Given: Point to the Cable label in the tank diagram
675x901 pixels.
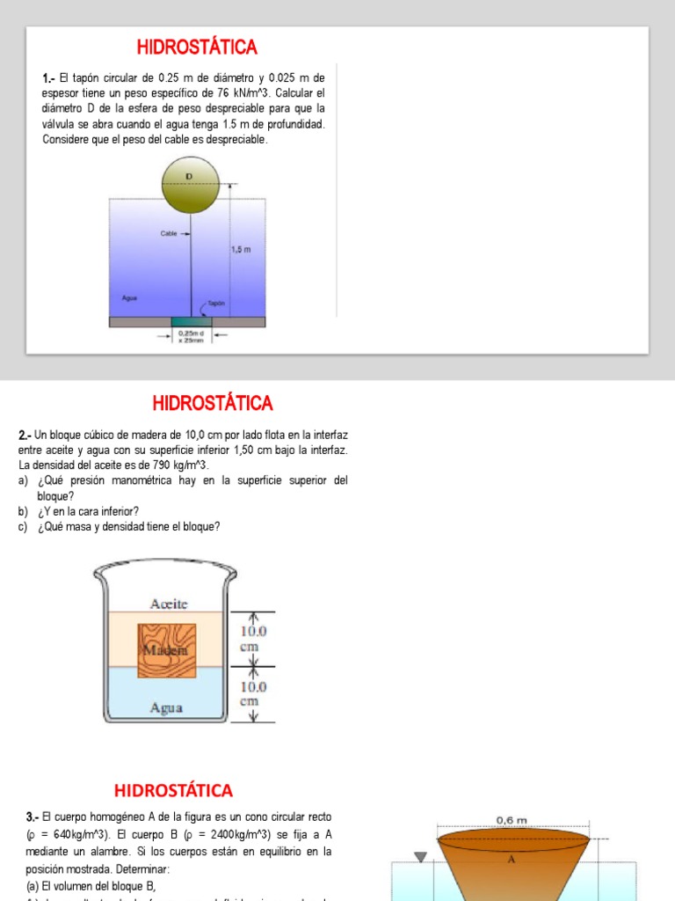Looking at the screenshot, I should [169, 234].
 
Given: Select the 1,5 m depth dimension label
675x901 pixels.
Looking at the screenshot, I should [241, 250].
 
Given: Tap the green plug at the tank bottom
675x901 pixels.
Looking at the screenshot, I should [192, 321].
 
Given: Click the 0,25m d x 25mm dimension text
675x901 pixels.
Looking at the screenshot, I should [192, 337].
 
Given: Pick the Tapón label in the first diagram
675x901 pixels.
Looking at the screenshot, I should [217, 303].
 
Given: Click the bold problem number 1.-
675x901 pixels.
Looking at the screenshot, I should [49, 78].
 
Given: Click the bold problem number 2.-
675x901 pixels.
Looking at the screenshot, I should [25, 436].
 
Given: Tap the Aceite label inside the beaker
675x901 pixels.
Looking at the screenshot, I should [169, 604].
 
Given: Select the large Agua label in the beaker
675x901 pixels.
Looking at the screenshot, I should [165, 707].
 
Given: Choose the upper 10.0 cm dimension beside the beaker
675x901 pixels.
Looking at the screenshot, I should [254, 639].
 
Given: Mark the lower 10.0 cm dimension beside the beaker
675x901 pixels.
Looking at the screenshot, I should [254, 694].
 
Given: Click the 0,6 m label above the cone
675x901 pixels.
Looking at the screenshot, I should [512, 819].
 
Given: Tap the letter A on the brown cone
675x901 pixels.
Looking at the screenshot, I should [511, 860].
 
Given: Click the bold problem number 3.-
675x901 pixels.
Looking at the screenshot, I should [33, 817].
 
